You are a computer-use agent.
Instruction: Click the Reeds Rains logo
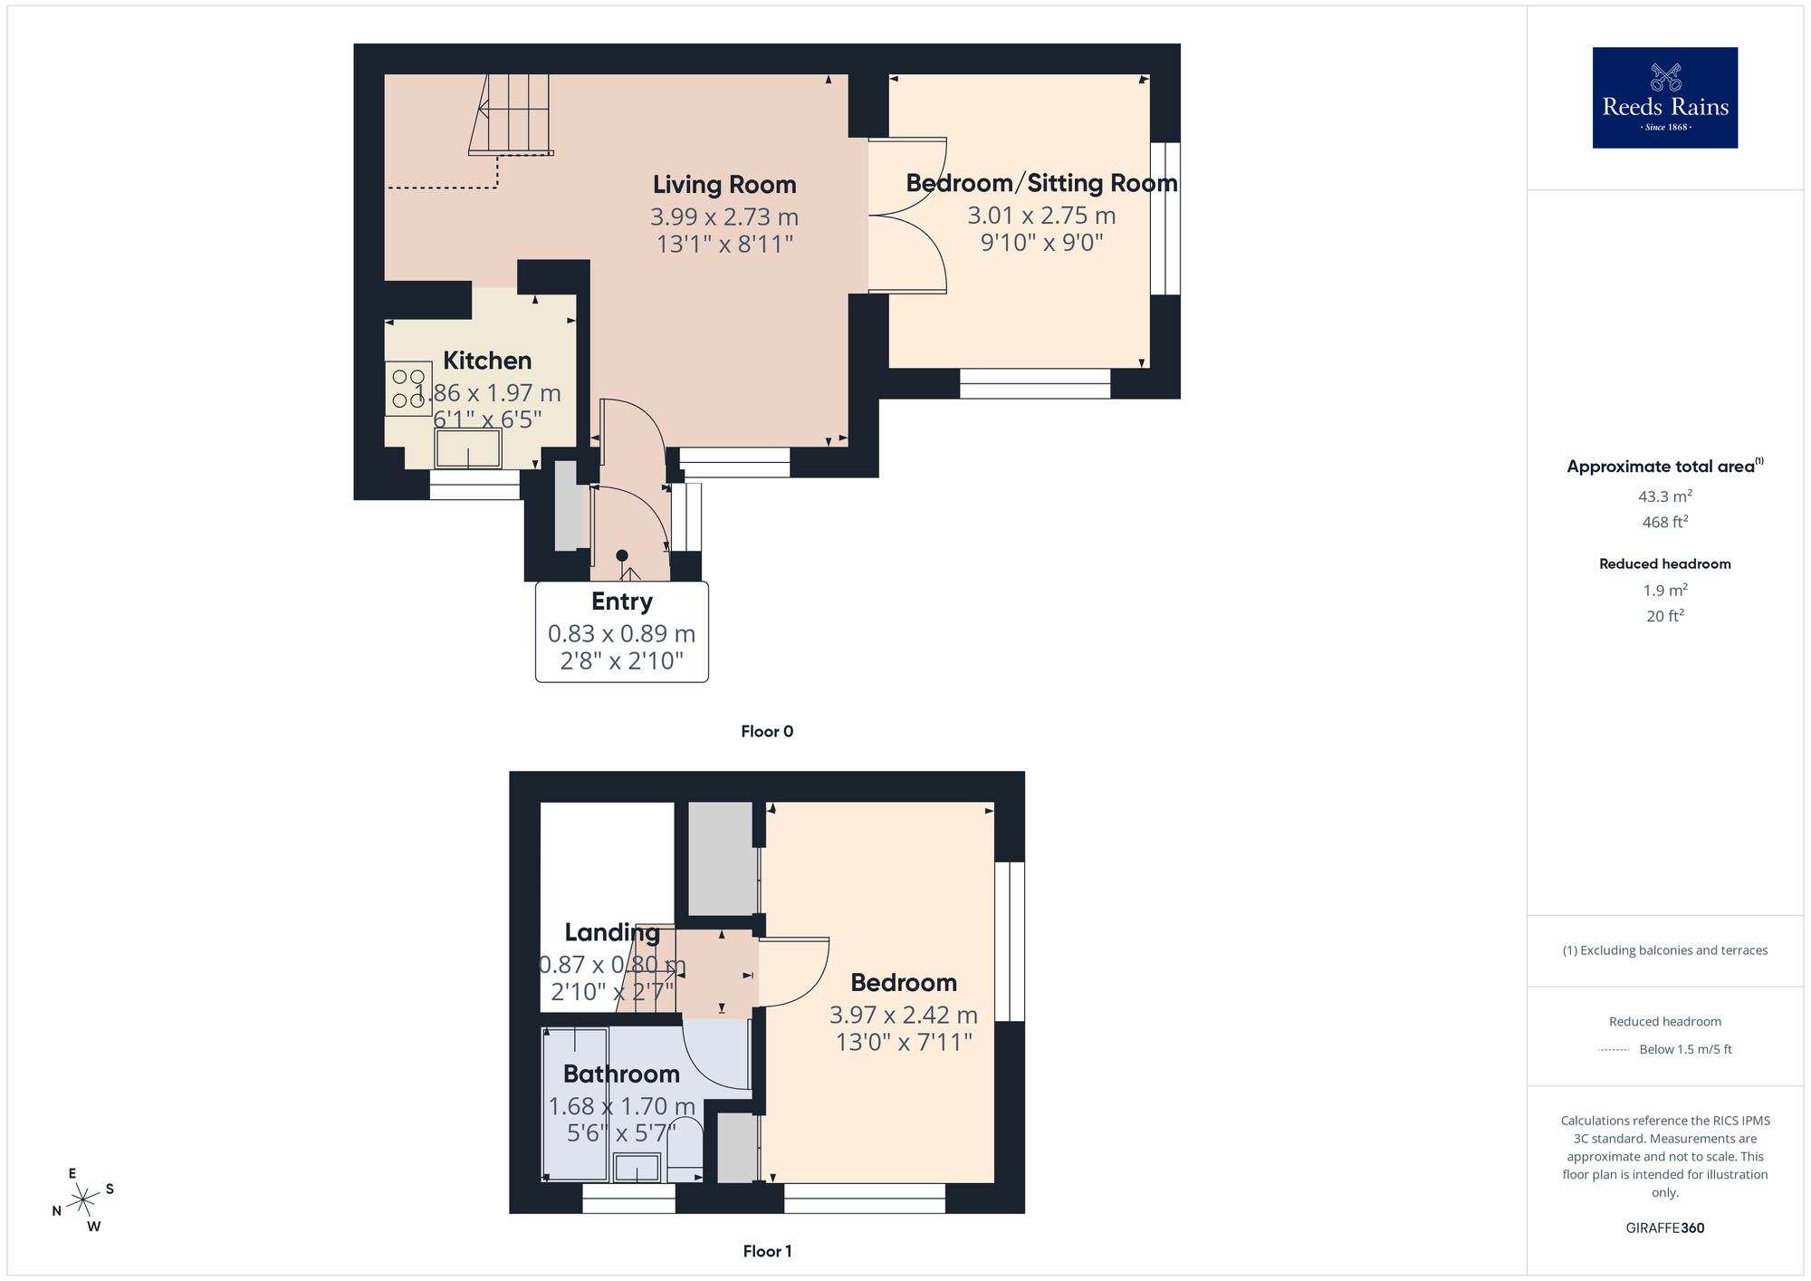(1664, 98)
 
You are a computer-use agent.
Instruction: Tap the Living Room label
(724, 185)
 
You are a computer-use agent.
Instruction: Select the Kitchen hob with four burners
(408, 389)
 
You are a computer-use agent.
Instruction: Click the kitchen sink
(468, 448)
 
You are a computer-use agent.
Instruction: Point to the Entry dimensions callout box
(622, 632)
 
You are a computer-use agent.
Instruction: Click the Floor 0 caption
(767, 731)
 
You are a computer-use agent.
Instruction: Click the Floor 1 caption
(767, 1251)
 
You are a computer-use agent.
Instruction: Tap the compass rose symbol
(83, 1200)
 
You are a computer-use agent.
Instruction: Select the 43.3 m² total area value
(1664, 496)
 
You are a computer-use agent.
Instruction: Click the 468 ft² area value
(1664, 522)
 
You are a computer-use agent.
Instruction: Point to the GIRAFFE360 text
(1664, 1228)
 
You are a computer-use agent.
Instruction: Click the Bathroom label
(621, 1074)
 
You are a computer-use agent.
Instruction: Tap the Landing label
(612, 932)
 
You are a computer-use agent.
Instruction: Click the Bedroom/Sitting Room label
(1041, 183)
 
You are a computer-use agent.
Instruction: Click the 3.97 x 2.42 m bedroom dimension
(904, 1016)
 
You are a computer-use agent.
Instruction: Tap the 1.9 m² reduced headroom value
(1664, 591)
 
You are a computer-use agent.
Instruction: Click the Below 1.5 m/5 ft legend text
(1685, 1049)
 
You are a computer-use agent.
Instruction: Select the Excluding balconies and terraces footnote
(1664, 950)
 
